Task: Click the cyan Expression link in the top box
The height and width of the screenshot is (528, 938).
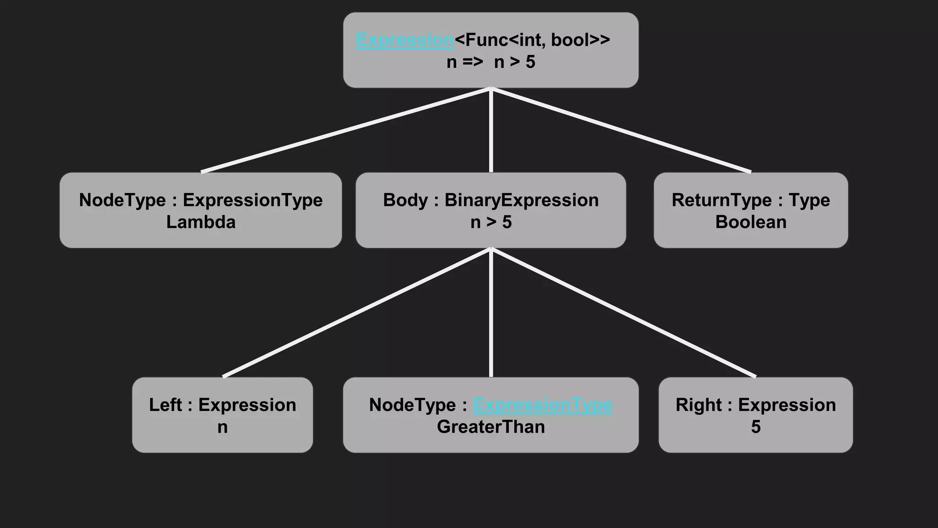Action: pos(405,40)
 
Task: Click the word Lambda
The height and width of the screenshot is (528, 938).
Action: pos(201,222)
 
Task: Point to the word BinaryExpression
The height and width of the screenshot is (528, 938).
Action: pos(522,200)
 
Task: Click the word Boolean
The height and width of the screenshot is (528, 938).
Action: pos(751,222)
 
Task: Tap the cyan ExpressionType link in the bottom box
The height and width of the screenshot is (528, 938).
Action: pos(543,405)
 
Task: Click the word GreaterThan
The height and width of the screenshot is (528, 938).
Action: pos(491,427)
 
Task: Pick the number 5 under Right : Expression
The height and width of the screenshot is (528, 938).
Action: pos(756,427)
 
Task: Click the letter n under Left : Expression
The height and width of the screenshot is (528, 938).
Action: pos(223,427)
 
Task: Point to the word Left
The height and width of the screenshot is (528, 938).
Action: pos(165,405)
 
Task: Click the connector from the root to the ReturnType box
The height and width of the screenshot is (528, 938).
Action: pos(621,130)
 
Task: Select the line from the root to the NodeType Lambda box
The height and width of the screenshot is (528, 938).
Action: pos(346,130)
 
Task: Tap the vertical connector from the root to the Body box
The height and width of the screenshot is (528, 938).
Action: pos(491,131)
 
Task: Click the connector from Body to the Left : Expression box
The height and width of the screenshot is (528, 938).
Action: pos(357,313)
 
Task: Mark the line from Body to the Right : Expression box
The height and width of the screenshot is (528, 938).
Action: pos(623,313)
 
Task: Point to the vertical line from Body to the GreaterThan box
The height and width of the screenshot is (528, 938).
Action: pos(491,313)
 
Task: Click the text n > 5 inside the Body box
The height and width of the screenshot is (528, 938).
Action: pos(491,222)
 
